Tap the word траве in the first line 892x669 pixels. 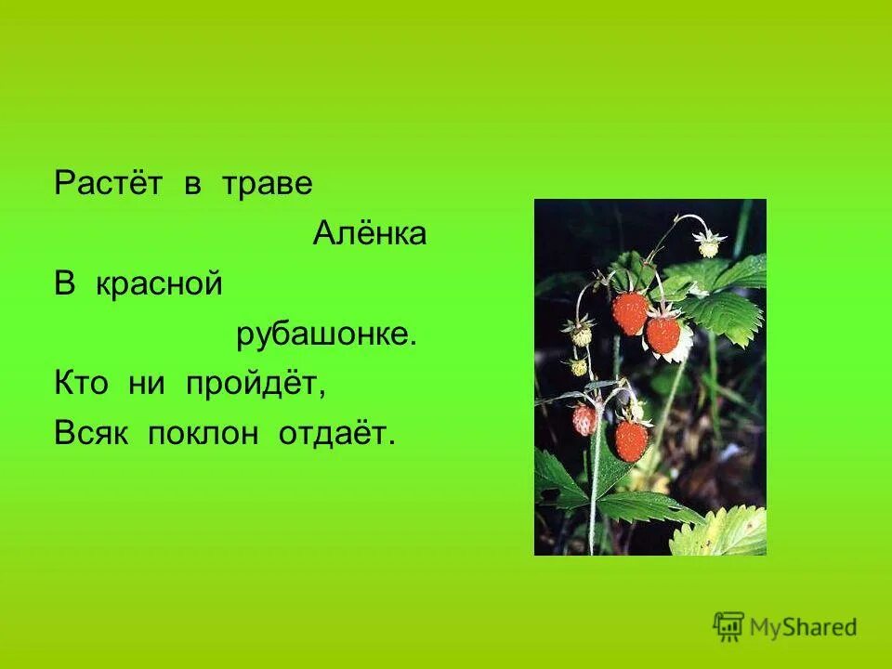click(x=267, y=184)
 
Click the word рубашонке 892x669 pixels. click(x=325, y=335)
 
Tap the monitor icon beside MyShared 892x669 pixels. click(x=728, y=626)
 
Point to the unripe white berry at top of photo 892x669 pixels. click(x=710, y=244)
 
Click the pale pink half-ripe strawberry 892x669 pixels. click(x=584, y=419)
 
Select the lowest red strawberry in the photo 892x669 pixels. click(x=631, y=439)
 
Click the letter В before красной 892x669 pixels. click(x=64, y=285)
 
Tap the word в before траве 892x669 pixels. click(x=192, y=184)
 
